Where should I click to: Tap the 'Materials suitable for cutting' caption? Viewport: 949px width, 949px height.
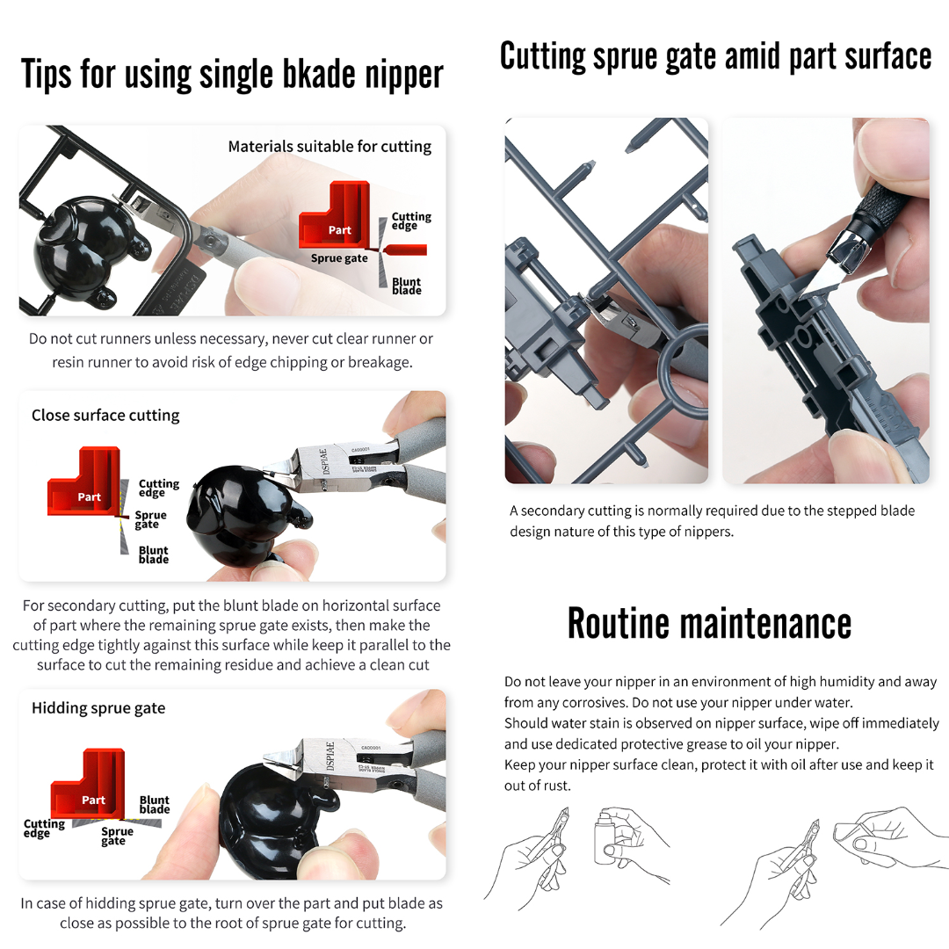[330, 147]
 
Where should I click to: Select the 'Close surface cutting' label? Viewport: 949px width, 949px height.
[105, 415]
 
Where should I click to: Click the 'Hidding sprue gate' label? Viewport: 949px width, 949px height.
[98, 708]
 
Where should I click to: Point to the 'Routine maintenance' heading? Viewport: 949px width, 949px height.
[709, 623]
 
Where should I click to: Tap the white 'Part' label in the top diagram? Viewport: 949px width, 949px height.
[339, 230]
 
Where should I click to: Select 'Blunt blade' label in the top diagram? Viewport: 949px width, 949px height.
[407, 286]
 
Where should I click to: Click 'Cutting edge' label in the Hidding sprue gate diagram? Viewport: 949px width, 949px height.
[44, 828]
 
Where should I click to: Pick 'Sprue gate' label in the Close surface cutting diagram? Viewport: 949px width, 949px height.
[150, 519]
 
